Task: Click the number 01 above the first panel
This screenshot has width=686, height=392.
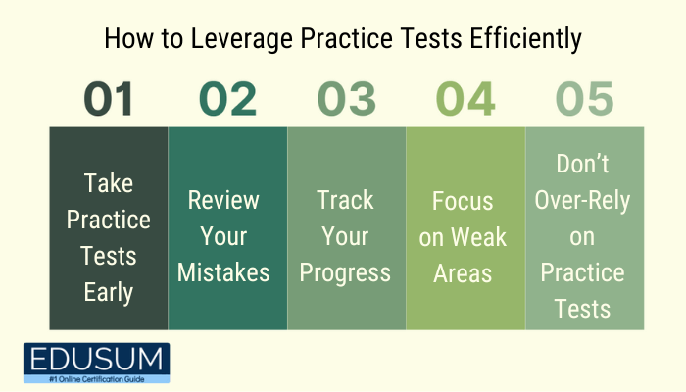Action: [x=108, y=99]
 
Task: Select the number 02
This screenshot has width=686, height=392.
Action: [x=227, y=99]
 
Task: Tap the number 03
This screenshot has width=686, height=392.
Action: [x=347, y=99]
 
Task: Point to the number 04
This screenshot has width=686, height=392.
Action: [x=465, y=99]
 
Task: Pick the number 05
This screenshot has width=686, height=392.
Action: [x=584, y=99]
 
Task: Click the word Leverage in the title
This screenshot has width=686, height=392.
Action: [x=242, y=39]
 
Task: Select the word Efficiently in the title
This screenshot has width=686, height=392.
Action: [x=526, y=39]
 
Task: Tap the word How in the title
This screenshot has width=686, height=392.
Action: [x=128, y=38]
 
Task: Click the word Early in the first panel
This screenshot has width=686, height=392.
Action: [x=109, y=292]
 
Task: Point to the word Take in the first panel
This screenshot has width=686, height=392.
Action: [x=109, y=183]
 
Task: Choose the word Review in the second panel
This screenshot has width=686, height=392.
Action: [x=223, y=200]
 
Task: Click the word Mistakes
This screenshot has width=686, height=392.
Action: [x=223, y=272]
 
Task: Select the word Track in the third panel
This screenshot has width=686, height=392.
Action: [x=345, y=200]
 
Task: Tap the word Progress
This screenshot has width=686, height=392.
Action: [x=345, y=273]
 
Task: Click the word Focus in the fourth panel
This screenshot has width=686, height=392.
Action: [x=463, y=201]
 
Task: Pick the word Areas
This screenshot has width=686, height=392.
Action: [x=463, y=273]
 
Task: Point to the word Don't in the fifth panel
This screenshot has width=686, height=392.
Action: [x=582, y=164]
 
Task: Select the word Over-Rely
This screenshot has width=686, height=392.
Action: [x=582, y=201]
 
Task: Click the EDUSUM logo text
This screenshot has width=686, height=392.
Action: [x=96, y=360]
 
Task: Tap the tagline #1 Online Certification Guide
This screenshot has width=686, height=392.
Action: [x=97, y=379]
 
